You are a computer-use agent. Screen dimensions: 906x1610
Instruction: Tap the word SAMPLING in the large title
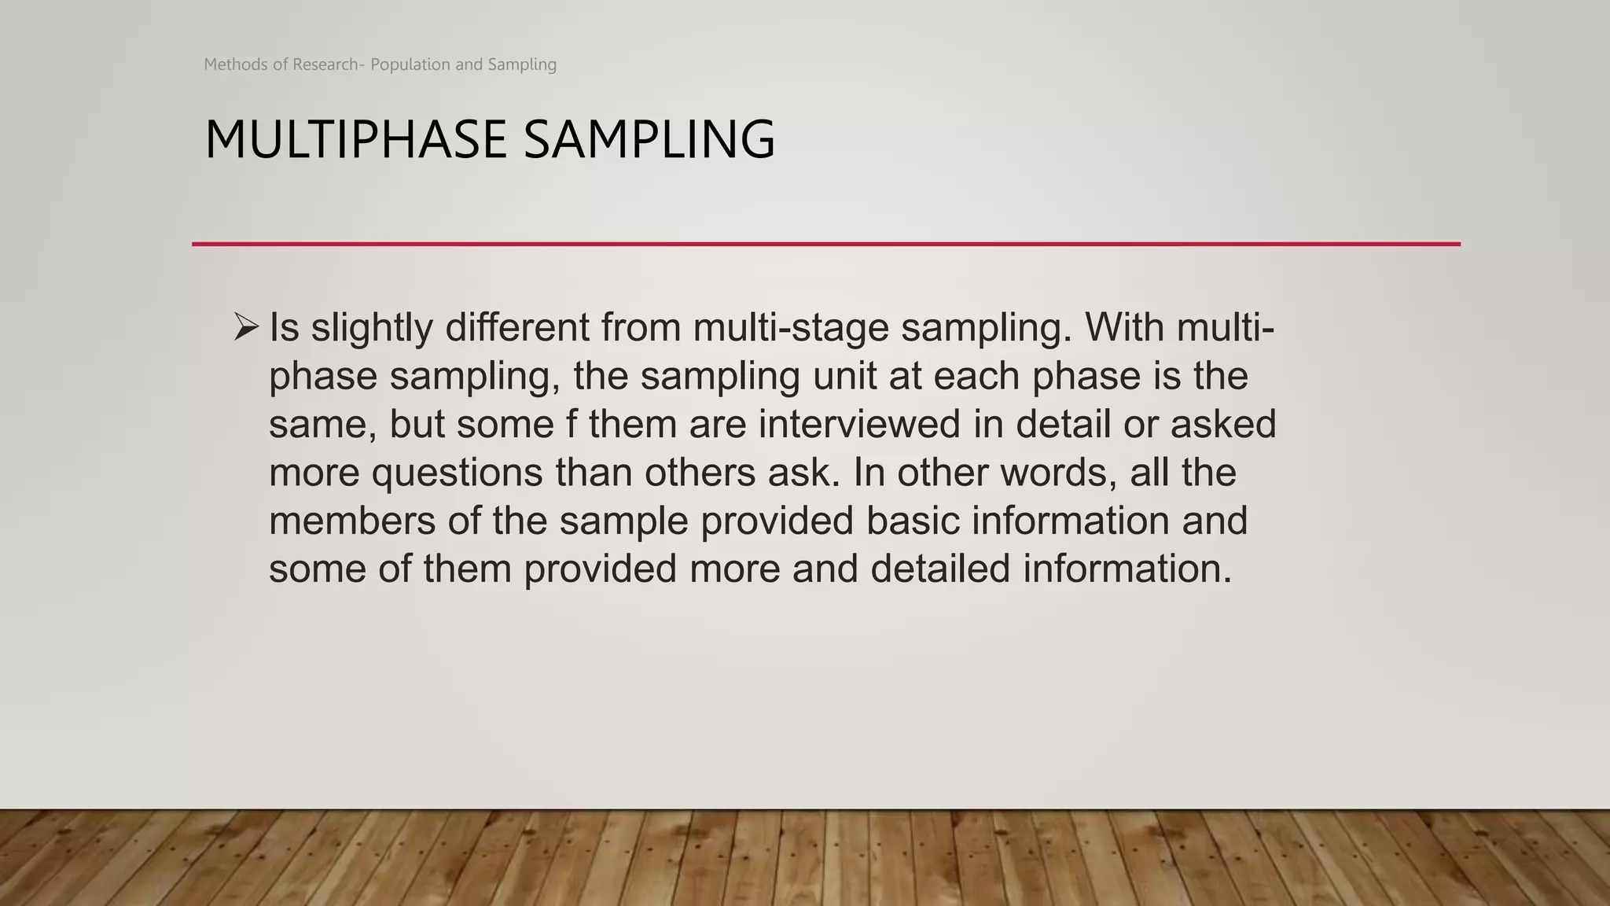coord(649,139)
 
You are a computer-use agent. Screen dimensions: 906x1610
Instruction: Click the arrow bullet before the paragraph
coord(246,326)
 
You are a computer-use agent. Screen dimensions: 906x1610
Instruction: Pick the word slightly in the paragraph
coord(371,327)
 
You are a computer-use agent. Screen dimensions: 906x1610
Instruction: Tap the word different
coord(516,327)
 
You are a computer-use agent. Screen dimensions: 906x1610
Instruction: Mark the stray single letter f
coord(572,424)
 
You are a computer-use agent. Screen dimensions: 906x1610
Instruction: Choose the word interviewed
coord(859,424)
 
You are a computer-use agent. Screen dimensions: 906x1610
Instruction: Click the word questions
coord(457,473)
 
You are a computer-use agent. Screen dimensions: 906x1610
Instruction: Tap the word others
coord(700,473)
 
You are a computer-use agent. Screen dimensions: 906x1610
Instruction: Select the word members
coord(352,521)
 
